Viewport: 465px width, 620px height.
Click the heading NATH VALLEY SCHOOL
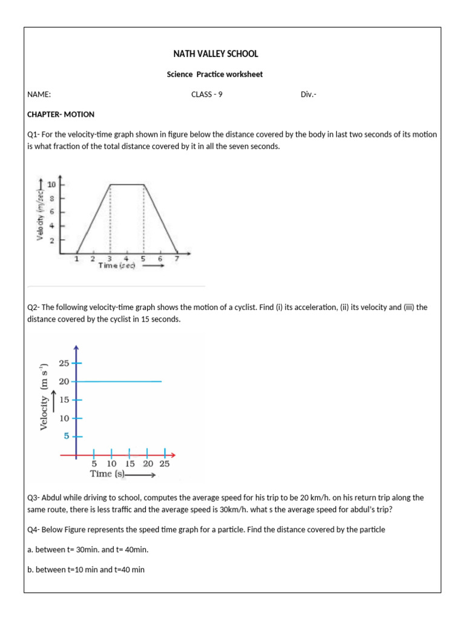(x=216, y=54)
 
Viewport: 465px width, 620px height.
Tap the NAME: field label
(x=39, y=94)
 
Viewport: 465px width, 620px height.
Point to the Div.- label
(x=309, y=94)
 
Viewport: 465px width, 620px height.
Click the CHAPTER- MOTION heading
(x=61, y=114)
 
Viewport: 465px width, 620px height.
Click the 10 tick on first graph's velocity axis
(x=51, y=184)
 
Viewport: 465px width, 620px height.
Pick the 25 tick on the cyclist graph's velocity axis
(x=64, y=363)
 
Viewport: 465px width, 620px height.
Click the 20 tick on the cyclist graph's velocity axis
(x=64, y=381)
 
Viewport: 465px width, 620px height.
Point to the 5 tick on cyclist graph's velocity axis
(x=67, y=436)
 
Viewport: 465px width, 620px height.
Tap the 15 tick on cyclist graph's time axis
(x=130, y=464)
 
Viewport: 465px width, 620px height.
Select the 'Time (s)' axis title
(x=107, y=474)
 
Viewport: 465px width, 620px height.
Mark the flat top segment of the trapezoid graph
(x=127, y=184)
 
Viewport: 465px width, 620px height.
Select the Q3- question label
(x=33, y=498)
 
